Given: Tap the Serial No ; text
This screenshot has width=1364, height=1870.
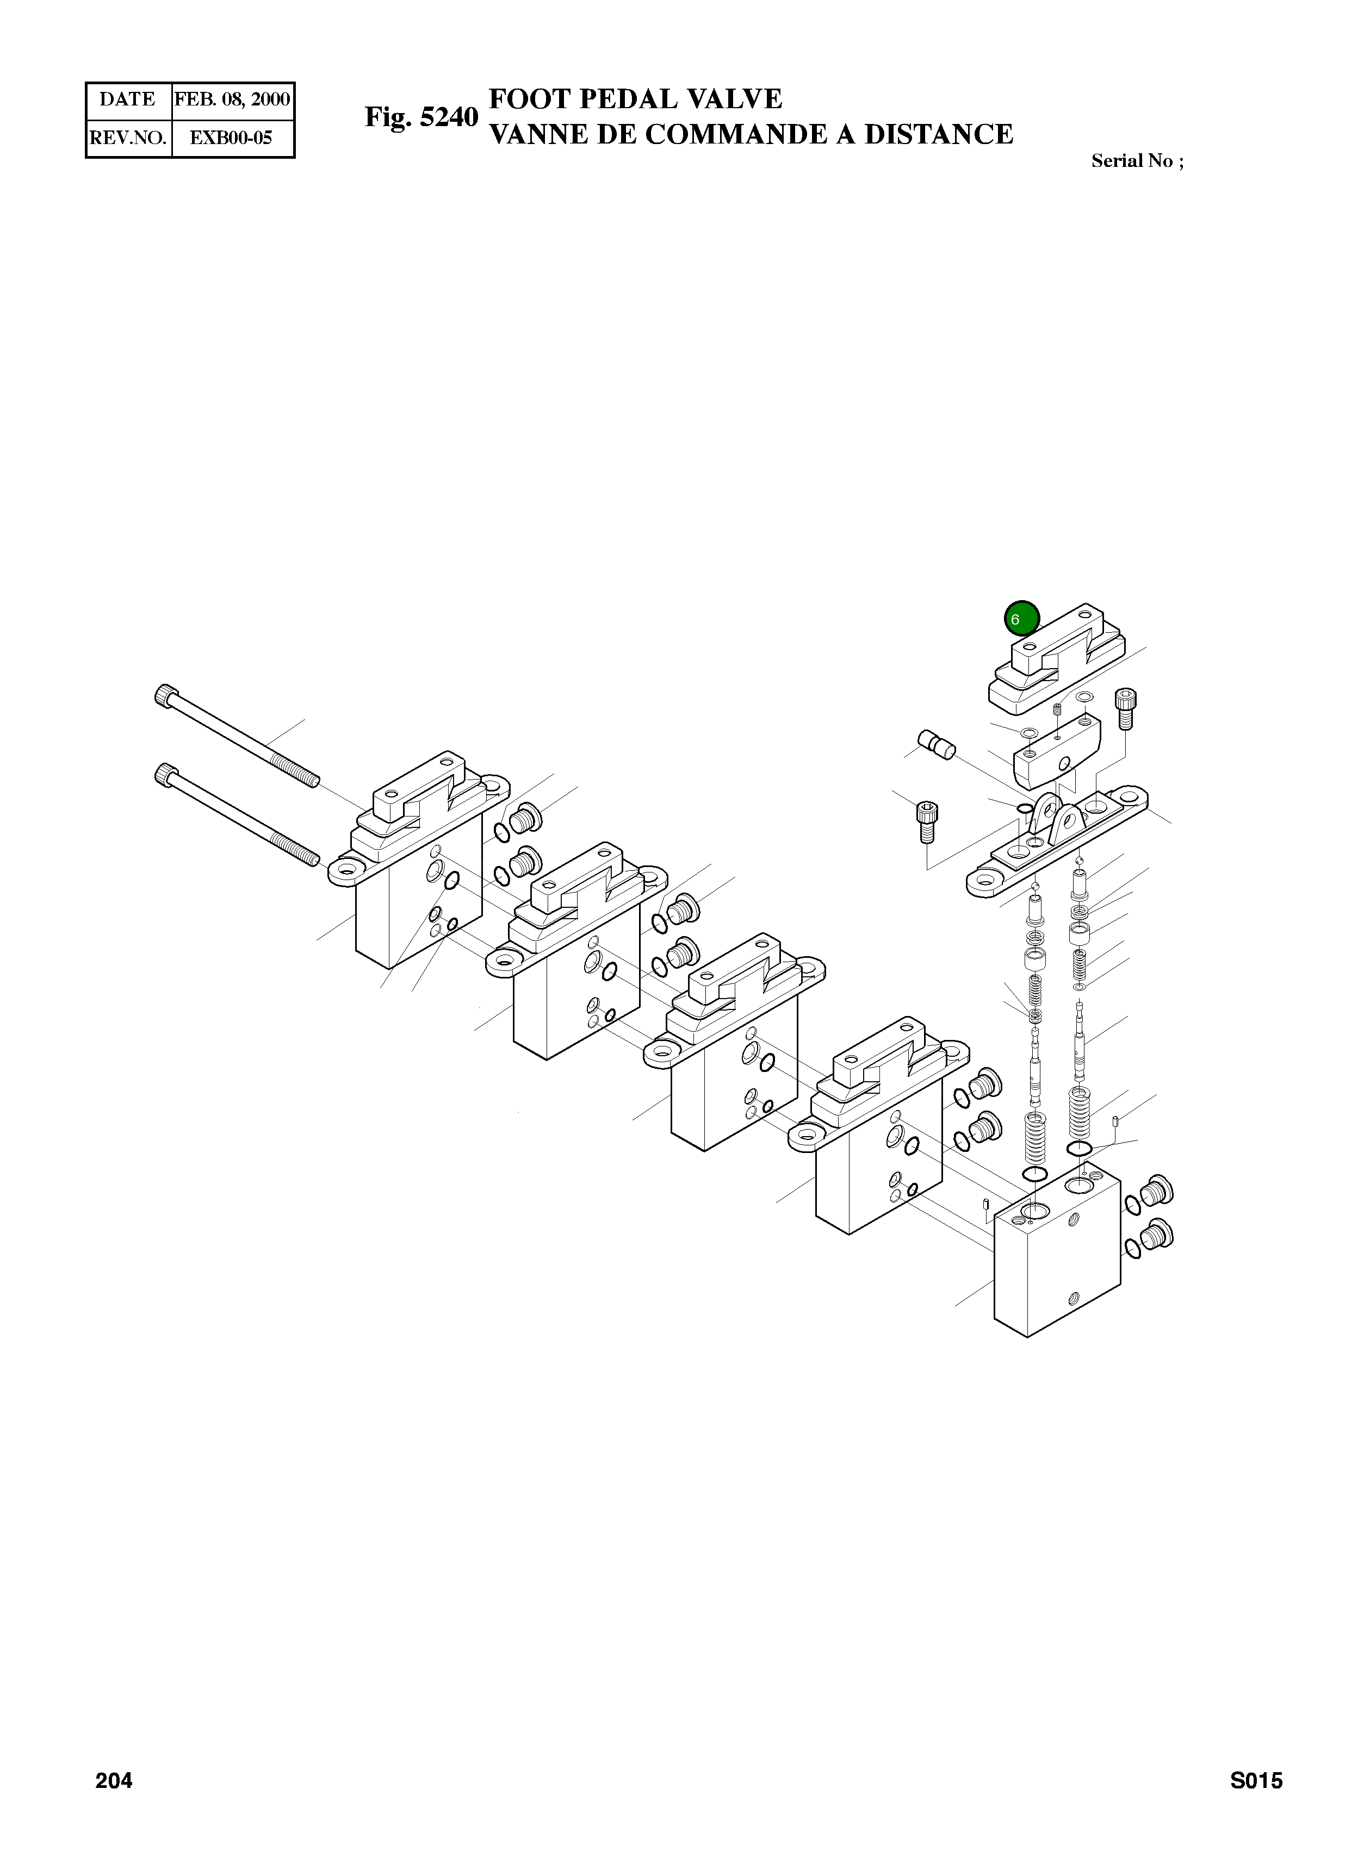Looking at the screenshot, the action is (x=1138, y=161).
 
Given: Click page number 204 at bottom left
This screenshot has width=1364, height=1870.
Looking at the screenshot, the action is (x=114, y=1804).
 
